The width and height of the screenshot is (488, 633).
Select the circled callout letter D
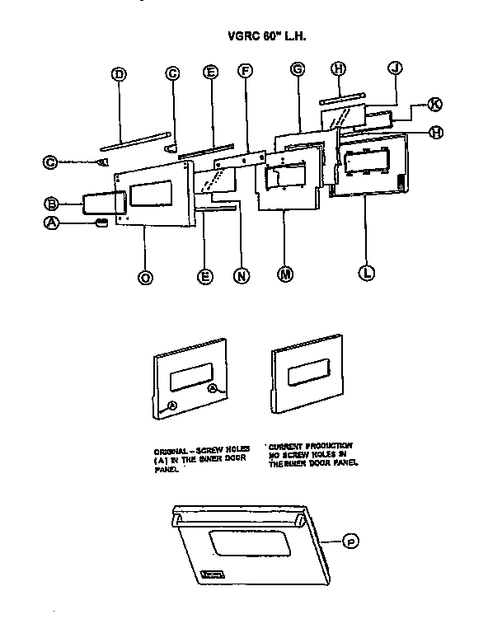[119, 74]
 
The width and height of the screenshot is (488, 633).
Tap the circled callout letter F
[244, 73]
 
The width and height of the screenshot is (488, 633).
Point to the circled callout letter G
[298, 72]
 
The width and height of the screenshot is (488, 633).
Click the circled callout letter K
[434, 103]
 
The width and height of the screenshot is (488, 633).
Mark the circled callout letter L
[366, 270]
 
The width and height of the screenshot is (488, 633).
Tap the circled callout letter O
[145, 278]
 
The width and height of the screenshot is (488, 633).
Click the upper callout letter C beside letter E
[173, 74]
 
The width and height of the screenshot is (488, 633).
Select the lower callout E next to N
[205, 277]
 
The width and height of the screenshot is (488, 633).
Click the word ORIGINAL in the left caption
[172, 449]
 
